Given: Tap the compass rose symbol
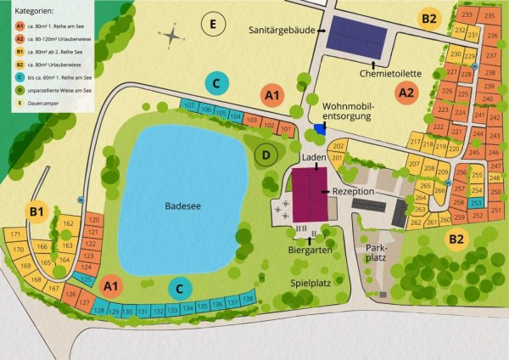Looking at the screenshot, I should (x=173, y=37).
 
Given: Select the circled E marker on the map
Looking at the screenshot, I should (x=213, y=23).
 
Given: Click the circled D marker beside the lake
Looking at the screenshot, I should (x=266, y=155).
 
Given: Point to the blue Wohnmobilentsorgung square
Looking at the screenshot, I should (x=319, y=128).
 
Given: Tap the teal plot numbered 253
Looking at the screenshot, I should (x=476, y=202).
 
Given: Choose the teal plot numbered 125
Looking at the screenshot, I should (x=85, y=278).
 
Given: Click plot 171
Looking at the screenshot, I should (x=14, y=234).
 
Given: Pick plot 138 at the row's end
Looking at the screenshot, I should (x=248, y=300).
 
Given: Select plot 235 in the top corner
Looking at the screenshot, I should (x=489, y=15).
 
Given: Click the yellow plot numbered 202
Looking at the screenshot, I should (x=338, y=147).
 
